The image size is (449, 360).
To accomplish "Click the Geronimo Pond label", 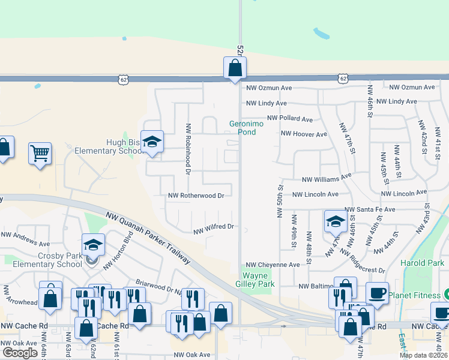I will (247, 128).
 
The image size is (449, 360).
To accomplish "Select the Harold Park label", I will (423, 263).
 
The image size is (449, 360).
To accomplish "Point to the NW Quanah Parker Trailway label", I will (147, 238).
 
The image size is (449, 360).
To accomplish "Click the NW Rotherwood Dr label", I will (196, 196).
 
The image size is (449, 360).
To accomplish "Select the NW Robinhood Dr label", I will (188, 149).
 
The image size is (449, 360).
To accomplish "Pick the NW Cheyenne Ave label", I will (273, 265).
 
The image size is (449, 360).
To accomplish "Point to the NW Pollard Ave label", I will (290, 119).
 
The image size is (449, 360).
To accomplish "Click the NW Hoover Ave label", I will (304, 134).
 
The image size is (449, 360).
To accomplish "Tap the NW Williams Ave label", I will (327, 178).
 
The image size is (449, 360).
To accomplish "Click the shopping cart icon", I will (40, 153).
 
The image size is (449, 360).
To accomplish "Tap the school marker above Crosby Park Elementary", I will (93, 244).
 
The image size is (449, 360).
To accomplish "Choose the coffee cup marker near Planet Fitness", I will (377, 293).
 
